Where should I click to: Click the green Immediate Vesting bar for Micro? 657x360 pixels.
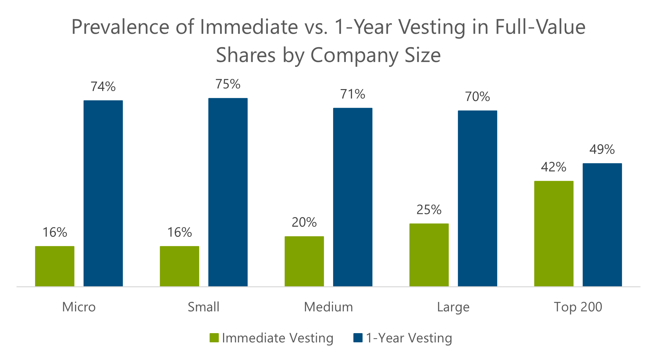[55, 266]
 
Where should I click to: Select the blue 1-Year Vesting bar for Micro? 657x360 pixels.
[103, 193]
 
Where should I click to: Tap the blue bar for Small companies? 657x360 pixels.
[228, 192]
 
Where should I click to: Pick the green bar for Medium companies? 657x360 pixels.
[304, 261]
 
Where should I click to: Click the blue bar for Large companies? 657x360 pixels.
[478, 199]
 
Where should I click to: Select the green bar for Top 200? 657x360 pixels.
[554, 234]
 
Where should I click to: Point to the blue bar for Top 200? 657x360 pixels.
[602, 225]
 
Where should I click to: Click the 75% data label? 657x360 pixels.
[228, 84]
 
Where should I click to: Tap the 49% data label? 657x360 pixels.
[602, 149]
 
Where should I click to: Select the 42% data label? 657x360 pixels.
[554, 167]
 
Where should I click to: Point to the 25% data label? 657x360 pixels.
[429, 210]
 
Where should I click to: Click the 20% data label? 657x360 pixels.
[304, 222]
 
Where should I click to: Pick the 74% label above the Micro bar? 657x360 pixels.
[103, 86]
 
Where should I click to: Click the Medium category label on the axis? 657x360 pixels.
[328, 307]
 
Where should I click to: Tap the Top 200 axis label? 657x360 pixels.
[578, 307]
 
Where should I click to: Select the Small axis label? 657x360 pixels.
[203, 307]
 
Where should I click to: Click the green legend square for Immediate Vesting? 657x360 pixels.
[214, 338]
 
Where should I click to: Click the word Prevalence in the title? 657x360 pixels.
[120, 27]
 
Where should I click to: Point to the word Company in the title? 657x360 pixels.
[354, 55]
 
